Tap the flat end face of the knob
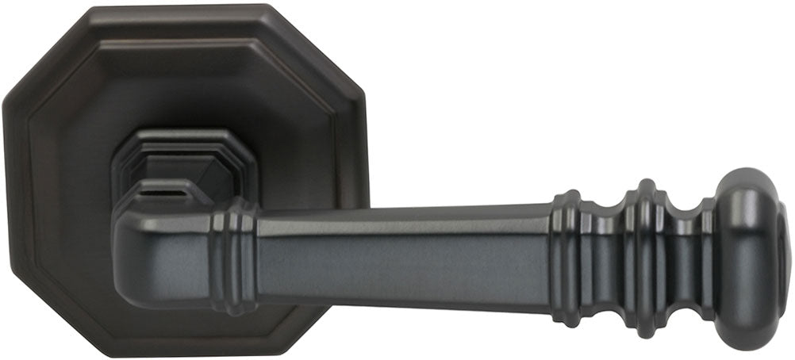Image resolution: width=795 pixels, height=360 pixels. tap(783, 255)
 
